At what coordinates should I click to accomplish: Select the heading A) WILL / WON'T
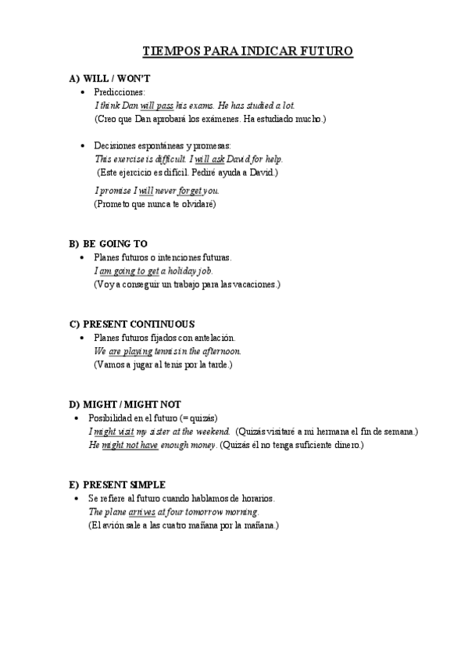(x=109, y=80)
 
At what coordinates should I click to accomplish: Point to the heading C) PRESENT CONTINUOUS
(x=132, y=324)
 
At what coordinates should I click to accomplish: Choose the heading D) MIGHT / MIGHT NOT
(x=125, y=404)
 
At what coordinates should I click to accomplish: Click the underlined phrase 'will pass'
(x=157, y=106)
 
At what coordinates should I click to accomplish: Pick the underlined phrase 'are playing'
(x=125, y=352)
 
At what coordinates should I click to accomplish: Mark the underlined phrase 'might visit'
(x=113, y=432)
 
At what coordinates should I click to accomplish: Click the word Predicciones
(x=114, y=92)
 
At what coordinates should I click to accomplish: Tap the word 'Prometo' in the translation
(x=113, y=204)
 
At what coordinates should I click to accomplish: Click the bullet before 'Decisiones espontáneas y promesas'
(x=84, y=146)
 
